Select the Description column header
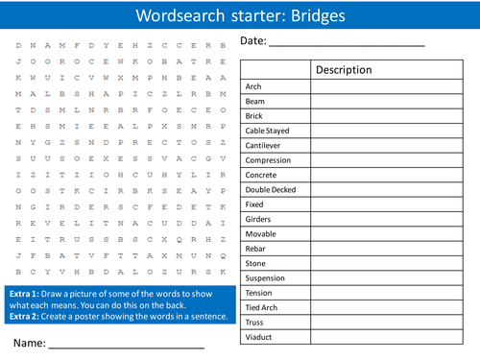(343, 70)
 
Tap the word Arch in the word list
(253, 86)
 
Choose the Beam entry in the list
(255, 101)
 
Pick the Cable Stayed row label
(269, 131)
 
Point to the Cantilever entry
(265, 145)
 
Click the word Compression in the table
(270, 159)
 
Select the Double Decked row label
(272, 189)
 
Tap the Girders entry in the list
(258, 219)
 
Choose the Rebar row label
(256, 249)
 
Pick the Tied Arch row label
(261, 308)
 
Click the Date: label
(253, 41)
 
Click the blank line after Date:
(346, 44)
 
